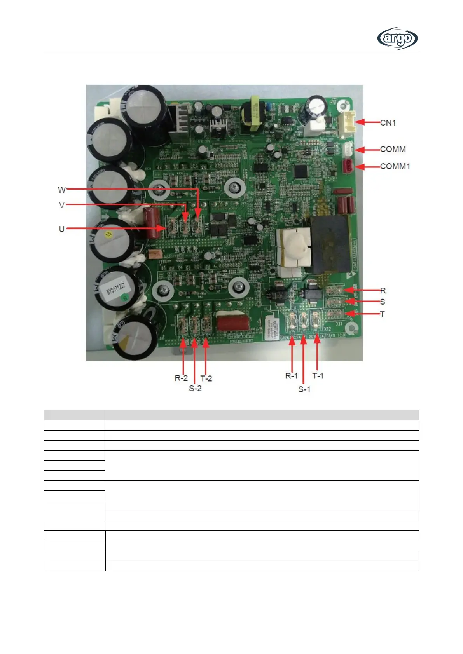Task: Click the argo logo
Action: [397, 38]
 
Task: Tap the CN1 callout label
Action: [388, 123]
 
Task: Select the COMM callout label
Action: [393, 149]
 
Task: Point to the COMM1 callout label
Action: [395, 166]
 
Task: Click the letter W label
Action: [61, 190]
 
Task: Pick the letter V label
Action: [61, 205]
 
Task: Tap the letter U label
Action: [61, 229]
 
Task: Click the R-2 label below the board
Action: [181, 378]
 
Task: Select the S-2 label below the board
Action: [195, 388]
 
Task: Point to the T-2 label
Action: [206, 378]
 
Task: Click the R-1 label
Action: [292, 376]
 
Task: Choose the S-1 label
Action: [304, 389]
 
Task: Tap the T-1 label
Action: [318, 376]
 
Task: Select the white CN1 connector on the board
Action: [348, 123]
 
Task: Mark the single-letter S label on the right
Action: [383, 302]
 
